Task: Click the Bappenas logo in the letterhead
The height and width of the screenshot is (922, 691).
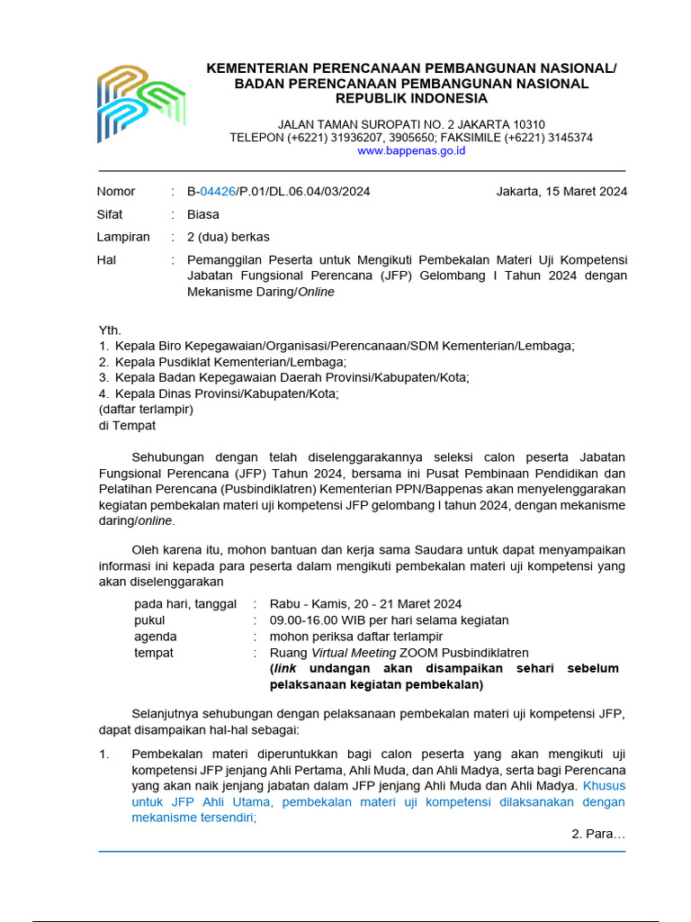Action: [140, 103]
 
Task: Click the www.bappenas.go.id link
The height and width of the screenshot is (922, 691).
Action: [411, 151]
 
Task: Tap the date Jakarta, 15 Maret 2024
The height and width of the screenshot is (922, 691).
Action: [561, 192]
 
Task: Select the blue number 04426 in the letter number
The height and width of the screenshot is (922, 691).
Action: [218, 192]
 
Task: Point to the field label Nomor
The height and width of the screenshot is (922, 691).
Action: [116, 192]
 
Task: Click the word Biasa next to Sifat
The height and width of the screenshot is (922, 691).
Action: [202, 215]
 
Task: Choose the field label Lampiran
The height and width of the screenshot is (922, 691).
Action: [123, 238]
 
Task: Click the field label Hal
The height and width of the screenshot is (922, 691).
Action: [107, 260]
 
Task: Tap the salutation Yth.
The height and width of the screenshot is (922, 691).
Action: [110, 330]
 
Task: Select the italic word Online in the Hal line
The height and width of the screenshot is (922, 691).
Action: [316, 292]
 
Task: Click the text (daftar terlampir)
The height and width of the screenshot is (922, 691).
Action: [146, 410]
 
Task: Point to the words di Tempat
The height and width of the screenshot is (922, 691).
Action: [127, 426]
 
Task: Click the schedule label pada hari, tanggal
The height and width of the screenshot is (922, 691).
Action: [185, 604]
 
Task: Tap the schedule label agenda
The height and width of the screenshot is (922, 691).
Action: [156, 637]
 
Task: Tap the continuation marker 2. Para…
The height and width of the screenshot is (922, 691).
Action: [598, 835]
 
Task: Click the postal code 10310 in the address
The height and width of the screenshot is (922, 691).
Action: [525, 124]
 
